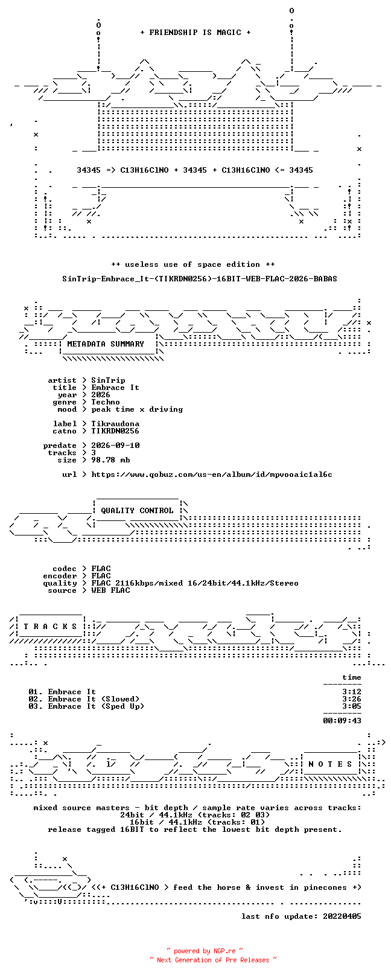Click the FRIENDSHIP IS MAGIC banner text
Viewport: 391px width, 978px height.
click(195, 33)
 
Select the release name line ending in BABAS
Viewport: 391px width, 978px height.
click(200, 278)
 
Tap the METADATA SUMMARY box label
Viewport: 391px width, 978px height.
click(106, 344)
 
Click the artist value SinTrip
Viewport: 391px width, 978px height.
click(108, 380)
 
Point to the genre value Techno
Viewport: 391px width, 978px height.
click(105, 402)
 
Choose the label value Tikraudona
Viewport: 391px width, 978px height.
click(115, 424)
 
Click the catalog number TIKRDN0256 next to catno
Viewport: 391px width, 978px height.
click(115, 431)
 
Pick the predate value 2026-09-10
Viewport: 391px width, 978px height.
click(115, 446)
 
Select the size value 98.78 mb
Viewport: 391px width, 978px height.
click(110, 460)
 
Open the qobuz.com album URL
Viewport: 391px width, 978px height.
click(212, 475)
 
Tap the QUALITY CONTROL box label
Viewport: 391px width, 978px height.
click(137, 511)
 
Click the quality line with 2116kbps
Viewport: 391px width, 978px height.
click(195, 583)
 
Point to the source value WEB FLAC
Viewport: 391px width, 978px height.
click(110, 590)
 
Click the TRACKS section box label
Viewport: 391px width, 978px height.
click(50, 627)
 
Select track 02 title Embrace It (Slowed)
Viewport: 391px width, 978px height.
click(94, 699)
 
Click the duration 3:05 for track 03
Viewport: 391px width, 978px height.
click(352, 706)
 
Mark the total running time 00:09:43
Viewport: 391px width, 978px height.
click(342, 721)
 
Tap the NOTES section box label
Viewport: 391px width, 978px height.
click(330, 764)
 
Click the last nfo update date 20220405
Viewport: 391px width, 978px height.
click(342, 916)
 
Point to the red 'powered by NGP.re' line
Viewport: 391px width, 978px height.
click(205, 951)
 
